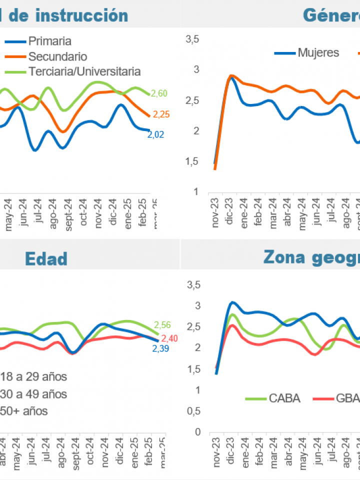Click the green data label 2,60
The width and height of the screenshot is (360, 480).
coord(159,93)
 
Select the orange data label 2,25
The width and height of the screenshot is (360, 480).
coord(161,114)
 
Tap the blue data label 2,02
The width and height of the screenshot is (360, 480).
coord(155,134)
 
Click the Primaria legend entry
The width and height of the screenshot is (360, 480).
coord(49,41)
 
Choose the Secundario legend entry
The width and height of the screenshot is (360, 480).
coord(57,56)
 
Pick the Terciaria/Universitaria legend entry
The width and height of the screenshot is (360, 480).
coord(84,71)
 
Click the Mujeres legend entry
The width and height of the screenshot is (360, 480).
coord(318,52)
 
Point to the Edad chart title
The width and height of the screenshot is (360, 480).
coord(46,258)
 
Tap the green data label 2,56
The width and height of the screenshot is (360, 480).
coord(162,324)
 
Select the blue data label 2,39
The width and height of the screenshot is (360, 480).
coord(160,348)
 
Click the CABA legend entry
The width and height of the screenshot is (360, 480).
coord(284,398)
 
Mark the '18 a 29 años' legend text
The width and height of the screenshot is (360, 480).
coord(33,376)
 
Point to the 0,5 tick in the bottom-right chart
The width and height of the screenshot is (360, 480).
coord(193,410)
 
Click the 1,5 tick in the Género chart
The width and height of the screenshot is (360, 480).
coord(192,161)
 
